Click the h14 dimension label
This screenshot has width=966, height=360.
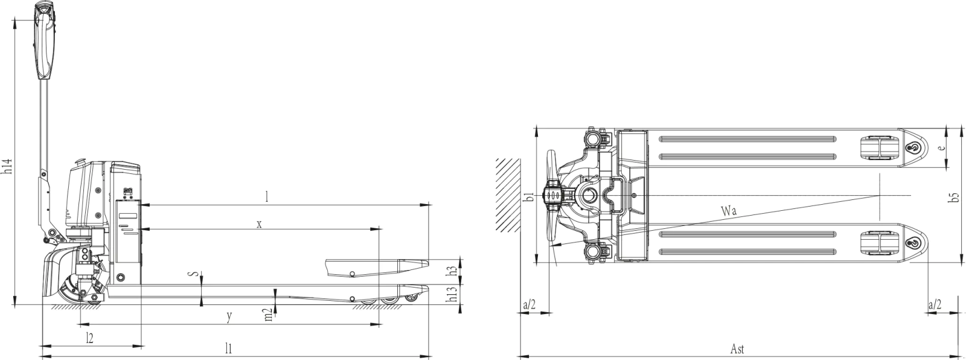7,166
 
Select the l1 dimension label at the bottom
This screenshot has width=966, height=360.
228,348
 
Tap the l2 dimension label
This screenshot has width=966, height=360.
89,336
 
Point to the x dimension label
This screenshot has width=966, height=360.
259,223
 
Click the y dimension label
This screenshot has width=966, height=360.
229,315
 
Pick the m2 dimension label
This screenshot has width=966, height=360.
268,314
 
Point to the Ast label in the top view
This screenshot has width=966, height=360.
737,349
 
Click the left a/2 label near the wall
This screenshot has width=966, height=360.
528,304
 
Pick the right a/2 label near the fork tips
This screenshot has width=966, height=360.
935,304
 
